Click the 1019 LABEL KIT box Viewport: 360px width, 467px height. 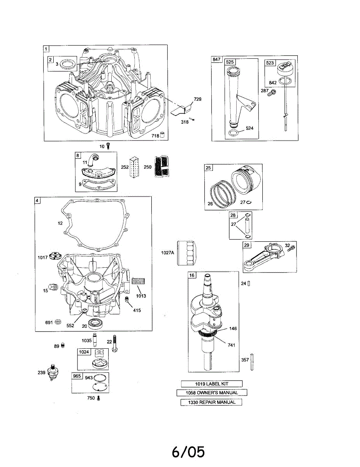pyautogui.click(x=212, y=384)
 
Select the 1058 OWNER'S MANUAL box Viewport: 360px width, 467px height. pyautogui.click(x=212, y=393)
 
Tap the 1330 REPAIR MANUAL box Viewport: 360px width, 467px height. pyautogui.click(x=211, y=402)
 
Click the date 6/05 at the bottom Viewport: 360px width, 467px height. pyautogui.click(x=188, y=451)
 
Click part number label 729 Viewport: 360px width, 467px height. pyautogui.click(x=198, y=99)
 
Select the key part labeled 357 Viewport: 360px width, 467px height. pyautogui.click(x=252, y=362)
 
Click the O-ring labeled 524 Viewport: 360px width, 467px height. pyautogui.click(x=234, y=133)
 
